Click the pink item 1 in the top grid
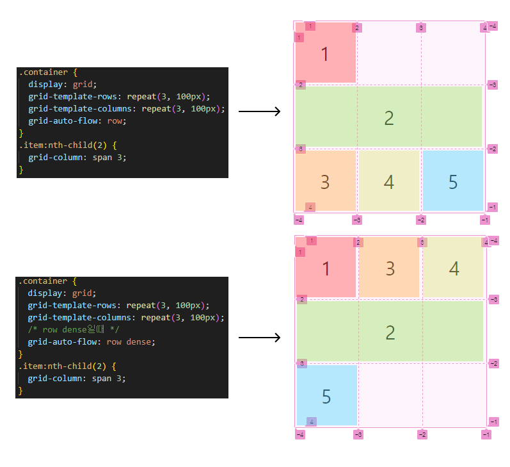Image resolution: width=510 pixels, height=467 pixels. tap(324, 54)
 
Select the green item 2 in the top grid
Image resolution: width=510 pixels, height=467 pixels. tap(388, 117)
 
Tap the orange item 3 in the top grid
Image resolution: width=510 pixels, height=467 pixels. tap(324, 181)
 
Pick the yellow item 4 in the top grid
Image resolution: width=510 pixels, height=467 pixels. tap(388, 181)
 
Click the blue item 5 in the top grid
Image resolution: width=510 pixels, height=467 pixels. tap(453, 181)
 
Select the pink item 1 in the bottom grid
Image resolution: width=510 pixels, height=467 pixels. tap(326, 268)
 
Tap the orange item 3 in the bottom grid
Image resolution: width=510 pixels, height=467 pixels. tap(389, 268)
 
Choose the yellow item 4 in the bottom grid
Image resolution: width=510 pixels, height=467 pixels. tap(454, 268)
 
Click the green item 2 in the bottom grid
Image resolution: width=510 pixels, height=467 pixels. tap(390, 332)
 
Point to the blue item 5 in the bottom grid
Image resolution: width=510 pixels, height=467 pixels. tap(326, 396)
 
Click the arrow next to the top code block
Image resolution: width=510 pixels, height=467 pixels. tap(259, 112)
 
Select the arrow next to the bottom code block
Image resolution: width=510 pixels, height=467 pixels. tap(259, 338)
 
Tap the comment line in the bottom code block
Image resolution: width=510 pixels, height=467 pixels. tap(74, 329)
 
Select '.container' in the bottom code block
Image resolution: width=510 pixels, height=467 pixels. tap(42, 281)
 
